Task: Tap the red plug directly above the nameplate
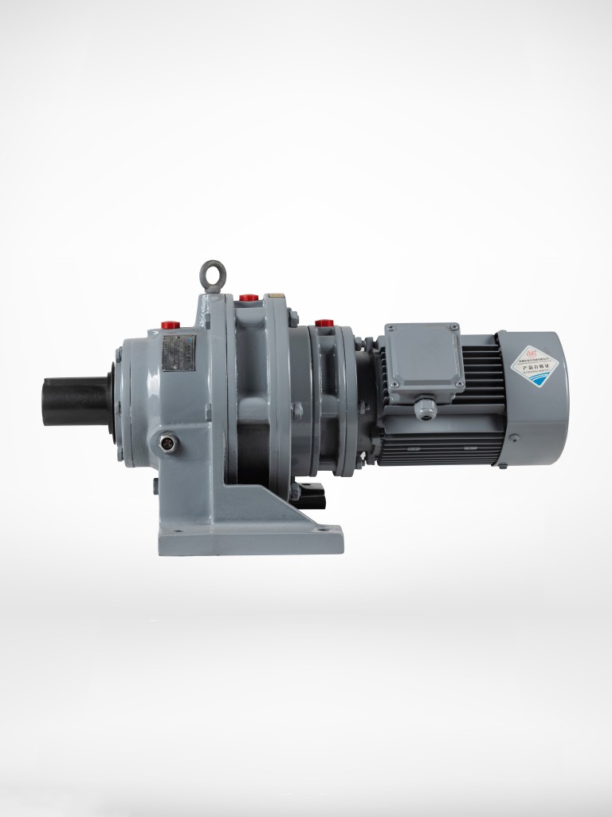pyautogui.click(x=170, y=325)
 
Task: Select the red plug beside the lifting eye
pyautogui.click(x=249, y=298)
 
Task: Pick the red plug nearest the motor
pyautogui.click(x=324, y=322)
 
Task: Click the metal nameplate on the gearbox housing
pyautogui.click(x=178, y=353)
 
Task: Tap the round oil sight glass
pyautogui.click(x=168, y=440)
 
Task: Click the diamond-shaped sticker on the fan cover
pyautogui.click(x=535, y=365)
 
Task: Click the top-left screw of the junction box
pyautogui.click(x=390, y=328)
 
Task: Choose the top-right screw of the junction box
pyautogui.click(x=453, y=327)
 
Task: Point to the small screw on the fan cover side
pyautogui.click(x=514, y=437)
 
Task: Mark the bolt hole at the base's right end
pyautogui.click(x=324, y=527)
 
